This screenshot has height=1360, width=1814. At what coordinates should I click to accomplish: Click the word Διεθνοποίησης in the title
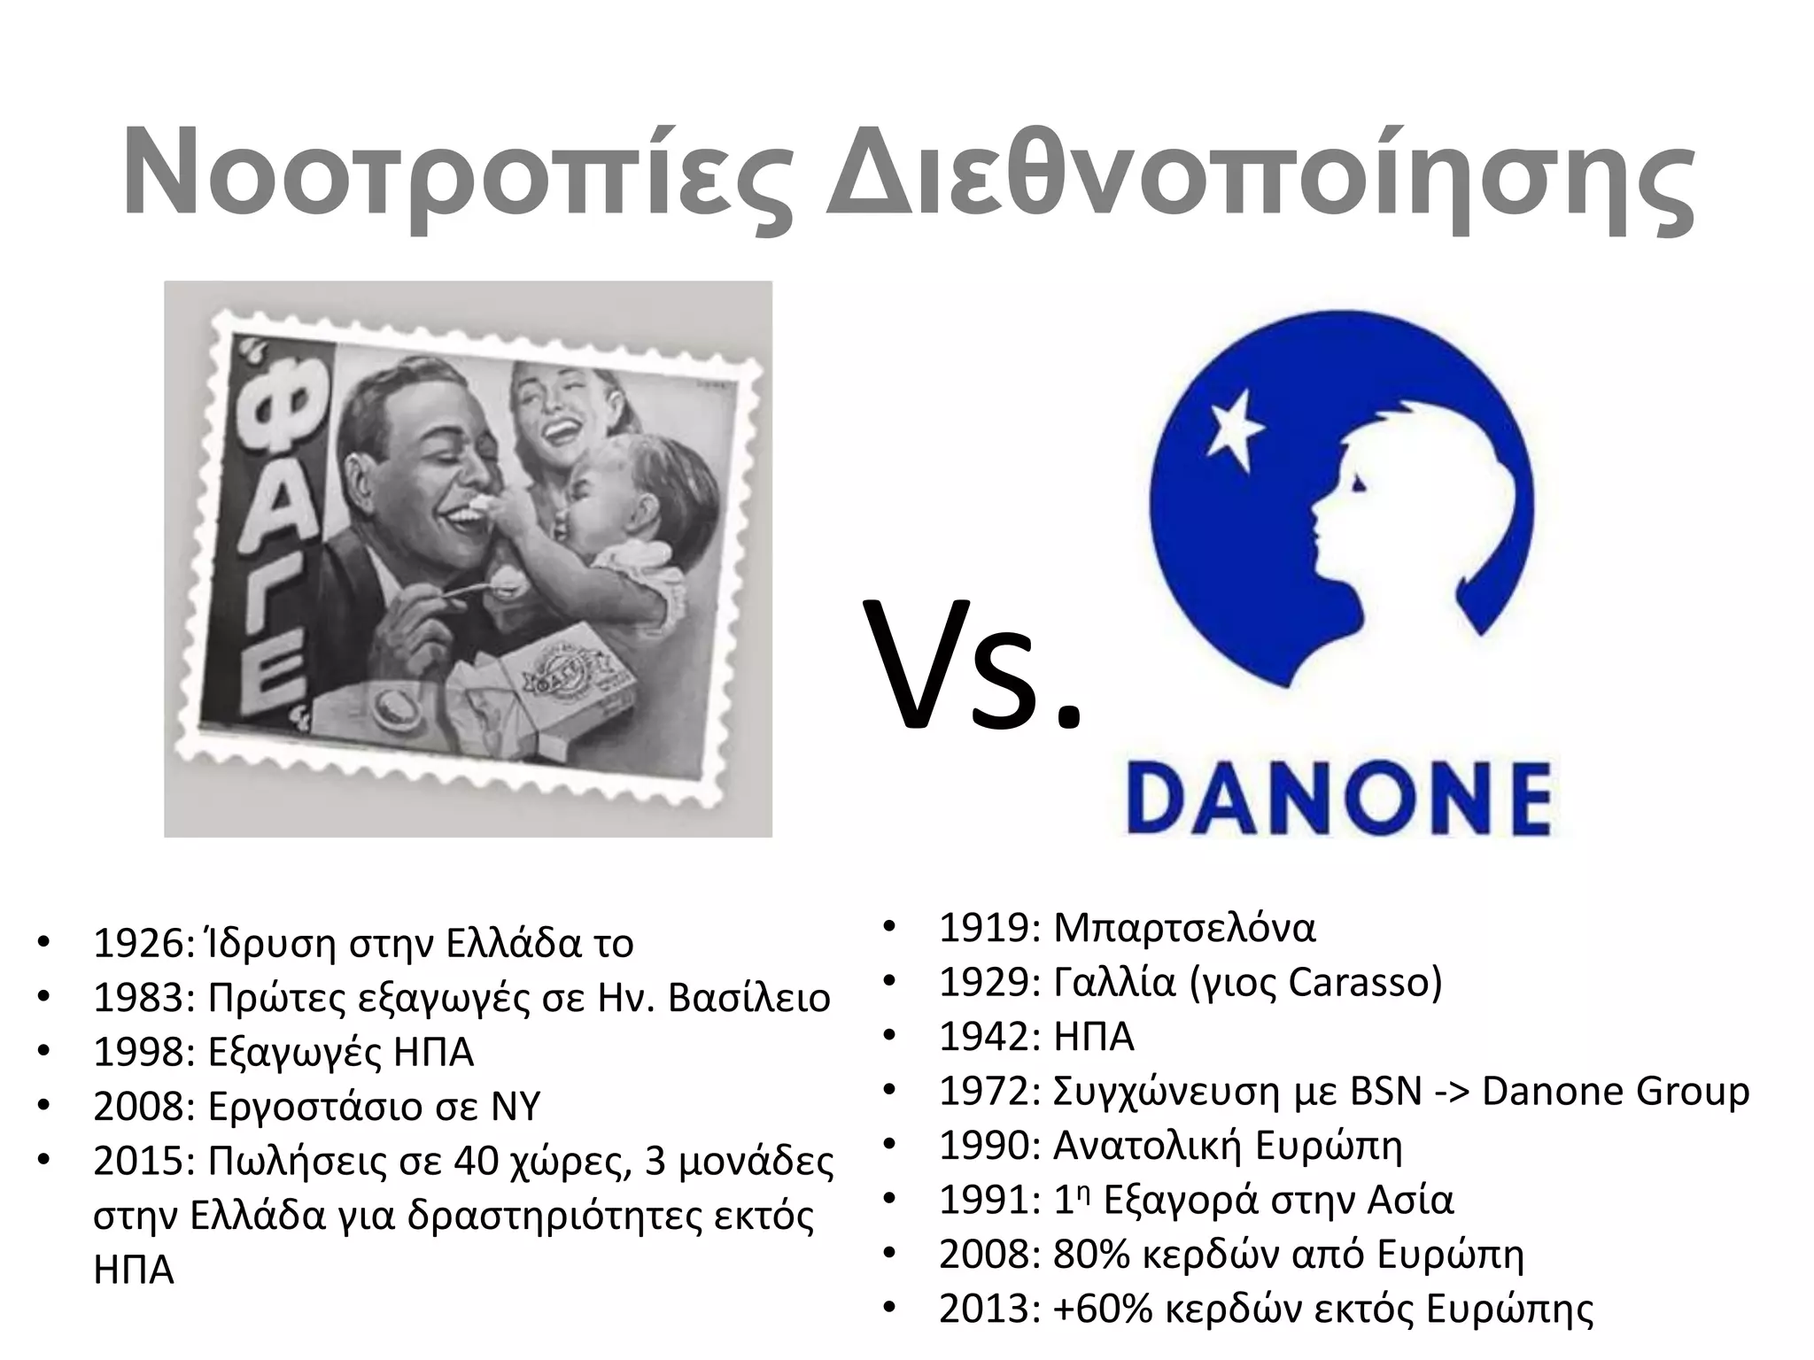(1258, 173)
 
